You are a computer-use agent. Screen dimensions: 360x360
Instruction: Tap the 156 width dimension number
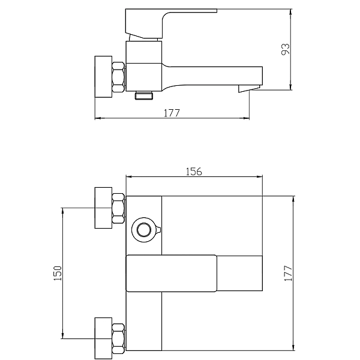coord(193,172)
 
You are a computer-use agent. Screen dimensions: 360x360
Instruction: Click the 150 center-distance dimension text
coord(57,273)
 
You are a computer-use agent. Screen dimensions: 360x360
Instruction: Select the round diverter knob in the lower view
coord(144,229)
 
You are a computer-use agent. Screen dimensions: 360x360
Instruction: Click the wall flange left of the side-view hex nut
coord(103,76)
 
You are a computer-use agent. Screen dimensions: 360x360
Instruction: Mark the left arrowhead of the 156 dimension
coord(127,177)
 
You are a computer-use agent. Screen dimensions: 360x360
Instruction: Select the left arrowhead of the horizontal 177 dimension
coord(97,118)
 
